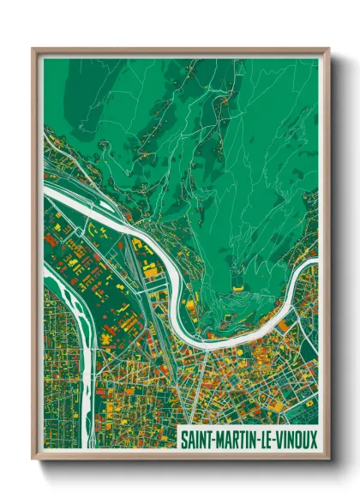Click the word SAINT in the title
(196, 438)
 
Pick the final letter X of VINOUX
(313, 438)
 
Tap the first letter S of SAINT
(183, 438)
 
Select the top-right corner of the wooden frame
(328, 49)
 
